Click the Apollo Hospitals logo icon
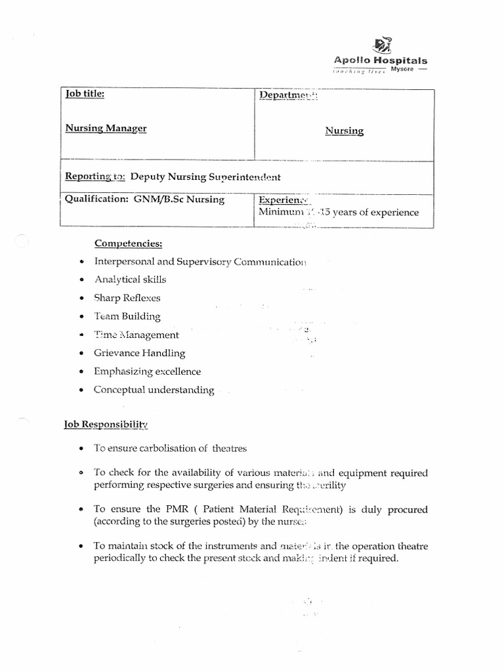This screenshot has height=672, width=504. [x=383, y=45]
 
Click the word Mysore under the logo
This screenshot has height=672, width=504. [x=402, y=70]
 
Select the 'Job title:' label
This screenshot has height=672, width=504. [x=85, y=94]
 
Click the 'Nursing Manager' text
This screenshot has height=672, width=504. [x=106, y=128]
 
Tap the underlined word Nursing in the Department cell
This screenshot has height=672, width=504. [x=344, y=131]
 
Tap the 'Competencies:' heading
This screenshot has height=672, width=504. [x=128, y=243]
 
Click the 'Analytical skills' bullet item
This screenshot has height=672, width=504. [x=130, y=280]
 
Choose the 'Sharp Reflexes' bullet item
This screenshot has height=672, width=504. [x=127, y=298]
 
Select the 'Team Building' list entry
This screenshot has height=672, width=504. [x=127, y=316]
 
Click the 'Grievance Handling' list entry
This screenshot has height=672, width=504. [x=139, y=353]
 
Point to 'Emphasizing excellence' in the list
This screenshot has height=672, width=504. [x=147, y=371]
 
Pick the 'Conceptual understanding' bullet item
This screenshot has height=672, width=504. [x=154, y=390]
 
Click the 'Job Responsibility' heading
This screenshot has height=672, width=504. [x=106, y=424]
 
